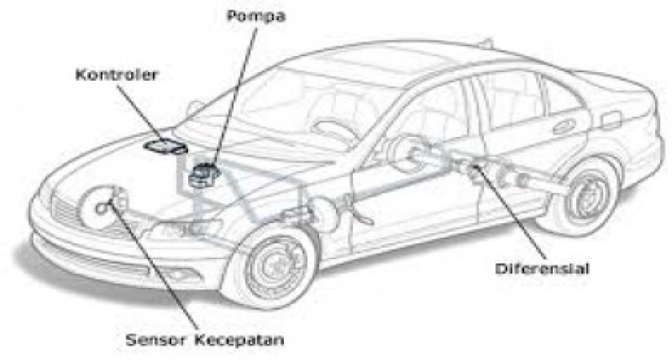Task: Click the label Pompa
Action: (256, 16)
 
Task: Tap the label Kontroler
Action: (117, 74)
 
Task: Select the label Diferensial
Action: (542, 269)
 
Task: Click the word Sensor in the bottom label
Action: (157, 340)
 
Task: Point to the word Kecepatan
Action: (239, 340)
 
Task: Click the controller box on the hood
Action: (166, 146)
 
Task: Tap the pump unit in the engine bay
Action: (203, 174)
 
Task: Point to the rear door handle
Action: (564, 126)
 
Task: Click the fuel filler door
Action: (611, 119)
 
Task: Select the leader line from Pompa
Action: (234, 95)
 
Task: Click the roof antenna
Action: (487, 43)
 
